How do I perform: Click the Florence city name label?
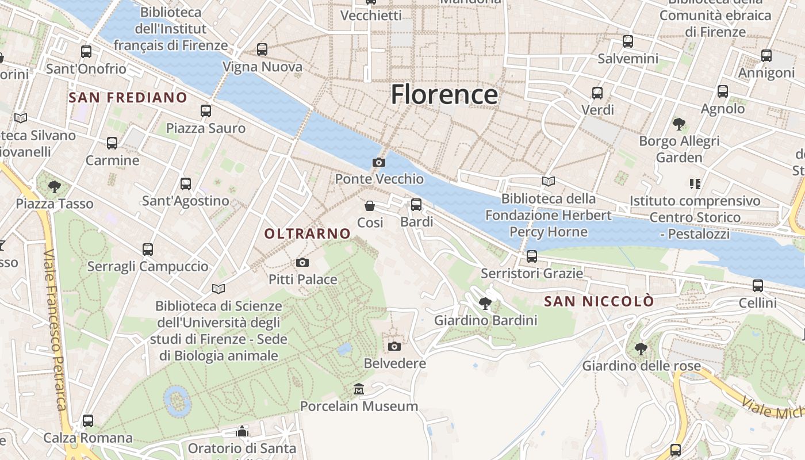(444, 95)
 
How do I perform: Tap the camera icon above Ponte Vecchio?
(378, 163)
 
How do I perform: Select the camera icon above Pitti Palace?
(302, 263)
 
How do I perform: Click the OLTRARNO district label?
(307, 233)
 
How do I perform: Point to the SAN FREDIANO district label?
(128, 98)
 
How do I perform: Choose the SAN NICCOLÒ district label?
(599, 301)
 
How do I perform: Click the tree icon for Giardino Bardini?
(485, 304)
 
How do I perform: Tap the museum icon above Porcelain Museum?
(359, 389)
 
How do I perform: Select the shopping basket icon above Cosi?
(370, 205)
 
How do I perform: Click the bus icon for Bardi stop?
(416, 205)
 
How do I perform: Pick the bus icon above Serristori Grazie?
(532, 256)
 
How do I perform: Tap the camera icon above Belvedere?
(394, 346)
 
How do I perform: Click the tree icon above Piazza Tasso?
(55, 186)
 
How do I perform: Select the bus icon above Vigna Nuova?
(262, 49)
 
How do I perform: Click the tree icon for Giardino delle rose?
(641, 348)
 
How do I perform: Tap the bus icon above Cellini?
(758, 286)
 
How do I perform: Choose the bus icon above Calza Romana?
(88, 421)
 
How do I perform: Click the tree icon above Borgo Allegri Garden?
(679, 124)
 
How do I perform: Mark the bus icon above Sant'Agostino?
(185, 184)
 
